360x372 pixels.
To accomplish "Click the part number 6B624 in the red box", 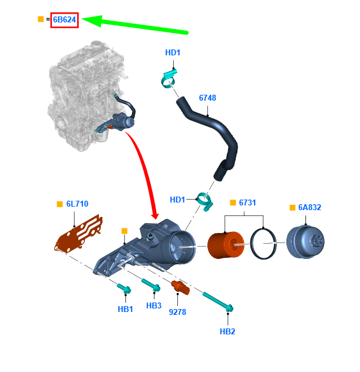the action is pyautogui.click(x=64, y=19).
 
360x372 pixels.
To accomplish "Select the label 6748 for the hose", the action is pyautogui.click(x=207, y=98).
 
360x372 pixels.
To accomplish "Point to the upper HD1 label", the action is pyautogui.click(x=173, y=52).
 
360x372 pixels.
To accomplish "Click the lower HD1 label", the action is pyautogui.click(x=177, y=200).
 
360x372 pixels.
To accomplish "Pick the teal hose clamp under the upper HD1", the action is pyautogui.click(x=169, y=78).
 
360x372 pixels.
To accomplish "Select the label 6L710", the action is pyautogui.click(x=77, y=204).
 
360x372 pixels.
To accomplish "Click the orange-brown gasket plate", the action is pyautogui.click(x=79, y=234).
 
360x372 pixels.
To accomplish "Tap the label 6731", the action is pyautogui.click(x=247, y=202).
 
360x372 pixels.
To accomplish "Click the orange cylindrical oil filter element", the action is pyautogui.click(x=226, y=245).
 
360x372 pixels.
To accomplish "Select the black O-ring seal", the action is pyautogui.click(x=263, y=244).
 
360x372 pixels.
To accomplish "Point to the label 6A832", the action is pyautogui.click(x=309, y=207).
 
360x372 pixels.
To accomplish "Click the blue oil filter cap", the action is pyautogui.click(x=305, y=242).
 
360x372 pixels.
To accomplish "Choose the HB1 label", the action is pyautogui.click(x=125, y=309).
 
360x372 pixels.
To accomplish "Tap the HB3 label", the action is pyautogui.click(x=154, y=305).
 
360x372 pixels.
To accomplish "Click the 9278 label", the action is pyautogui.click(x=177, y=312).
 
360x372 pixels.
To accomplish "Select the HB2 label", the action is pyautogui.click(x=227, y=331).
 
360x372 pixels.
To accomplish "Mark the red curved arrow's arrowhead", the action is pyautogui.click(x=155, y=214).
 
